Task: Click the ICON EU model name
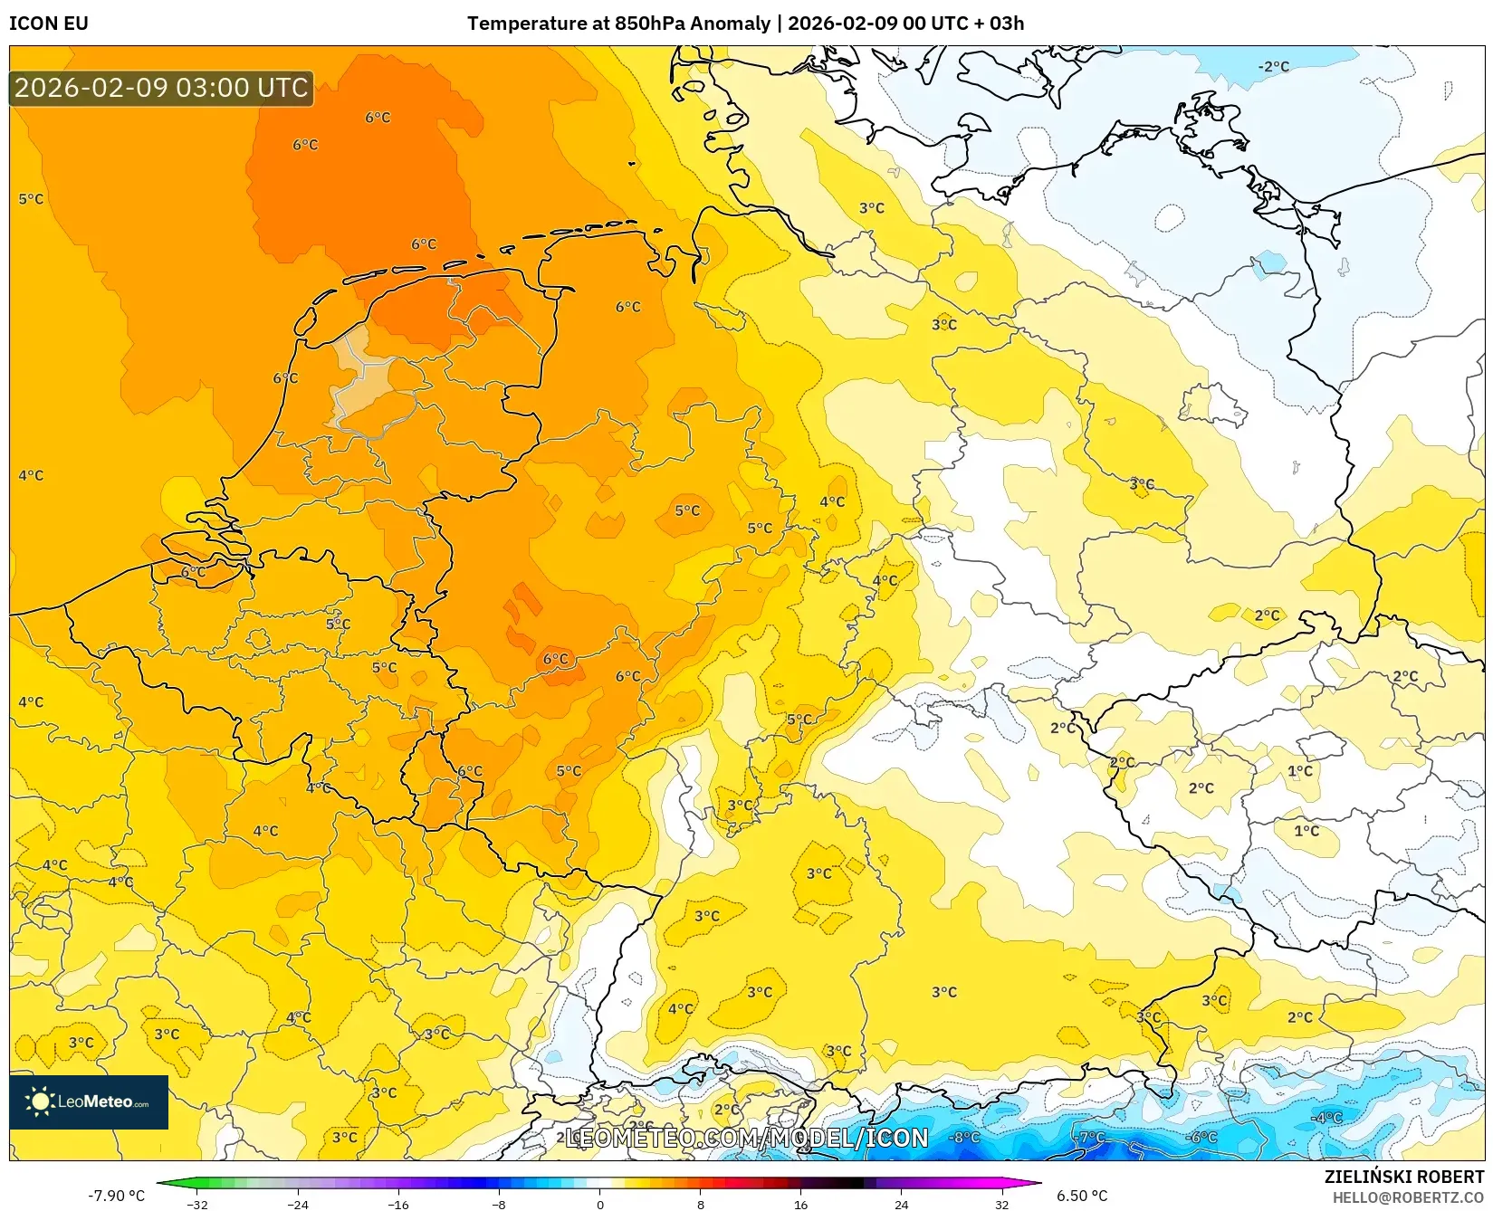49,24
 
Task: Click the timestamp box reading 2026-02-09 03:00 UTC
161,88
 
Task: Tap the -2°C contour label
1273,67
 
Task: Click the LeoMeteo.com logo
89,1101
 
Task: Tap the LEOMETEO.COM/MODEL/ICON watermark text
747,1138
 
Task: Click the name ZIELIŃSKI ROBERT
1404,1177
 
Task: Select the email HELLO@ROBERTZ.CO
1408,1197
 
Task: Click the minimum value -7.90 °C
116,1196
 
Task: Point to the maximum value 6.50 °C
1082,1196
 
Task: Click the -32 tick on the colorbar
197,1205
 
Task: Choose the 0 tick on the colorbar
599,1205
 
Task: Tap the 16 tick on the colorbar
800,1205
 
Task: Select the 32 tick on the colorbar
1001,1205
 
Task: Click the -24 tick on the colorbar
298,1205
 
